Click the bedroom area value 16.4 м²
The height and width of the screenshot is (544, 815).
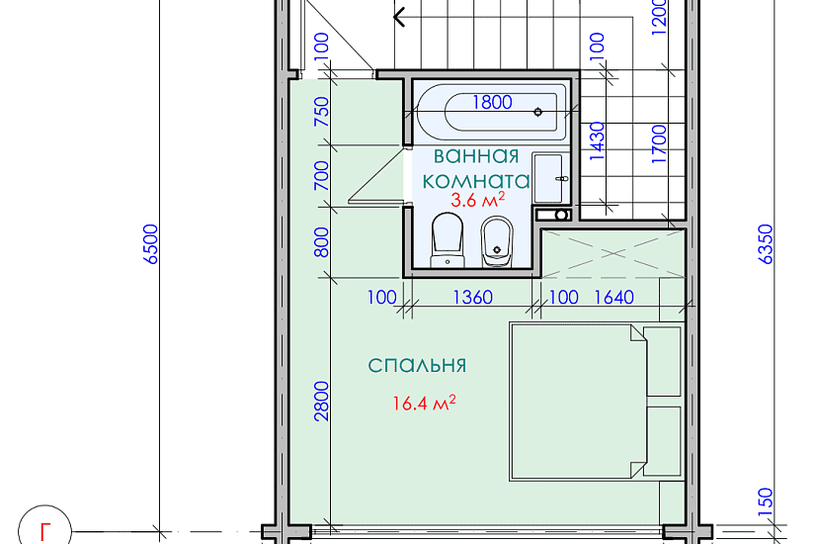coord(423,403)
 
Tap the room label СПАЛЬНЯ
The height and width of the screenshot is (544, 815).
coord(417,366)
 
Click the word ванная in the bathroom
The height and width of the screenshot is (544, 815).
coord(476,156)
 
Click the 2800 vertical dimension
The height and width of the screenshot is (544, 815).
coord(321,402)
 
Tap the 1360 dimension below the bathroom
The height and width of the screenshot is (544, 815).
coord(472,298)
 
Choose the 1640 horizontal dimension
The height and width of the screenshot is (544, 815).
coord(612,298)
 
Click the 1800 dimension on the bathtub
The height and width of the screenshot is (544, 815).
coord(492,101)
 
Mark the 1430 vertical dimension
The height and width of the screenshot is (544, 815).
coord(596,140)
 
